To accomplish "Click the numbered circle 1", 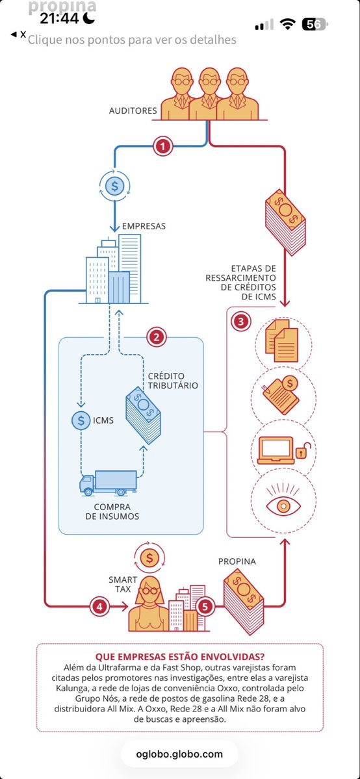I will (x=163, y=146).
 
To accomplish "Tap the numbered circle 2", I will (x=157, y=337).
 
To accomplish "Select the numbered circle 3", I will (x=241, y=321).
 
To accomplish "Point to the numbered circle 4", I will (x=99, y=606).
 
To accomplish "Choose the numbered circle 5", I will (x=205, y=607).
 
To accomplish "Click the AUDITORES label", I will (x=133, y=110).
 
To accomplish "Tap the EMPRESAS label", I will (x=144, y=226).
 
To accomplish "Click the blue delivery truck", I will (x=109, y=483).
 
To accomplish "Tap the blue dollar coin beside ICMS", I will (x=81, y=420).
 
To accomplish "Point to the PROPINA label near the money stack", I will (x=237, y=560).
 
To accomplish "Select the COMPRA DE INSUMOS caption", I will (x=112, y=511).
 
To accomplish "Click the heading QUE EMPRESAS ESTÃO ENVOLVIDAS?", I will (x=180, y=656).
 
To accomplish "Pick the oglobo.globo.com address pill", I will (x=179, y=754).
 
